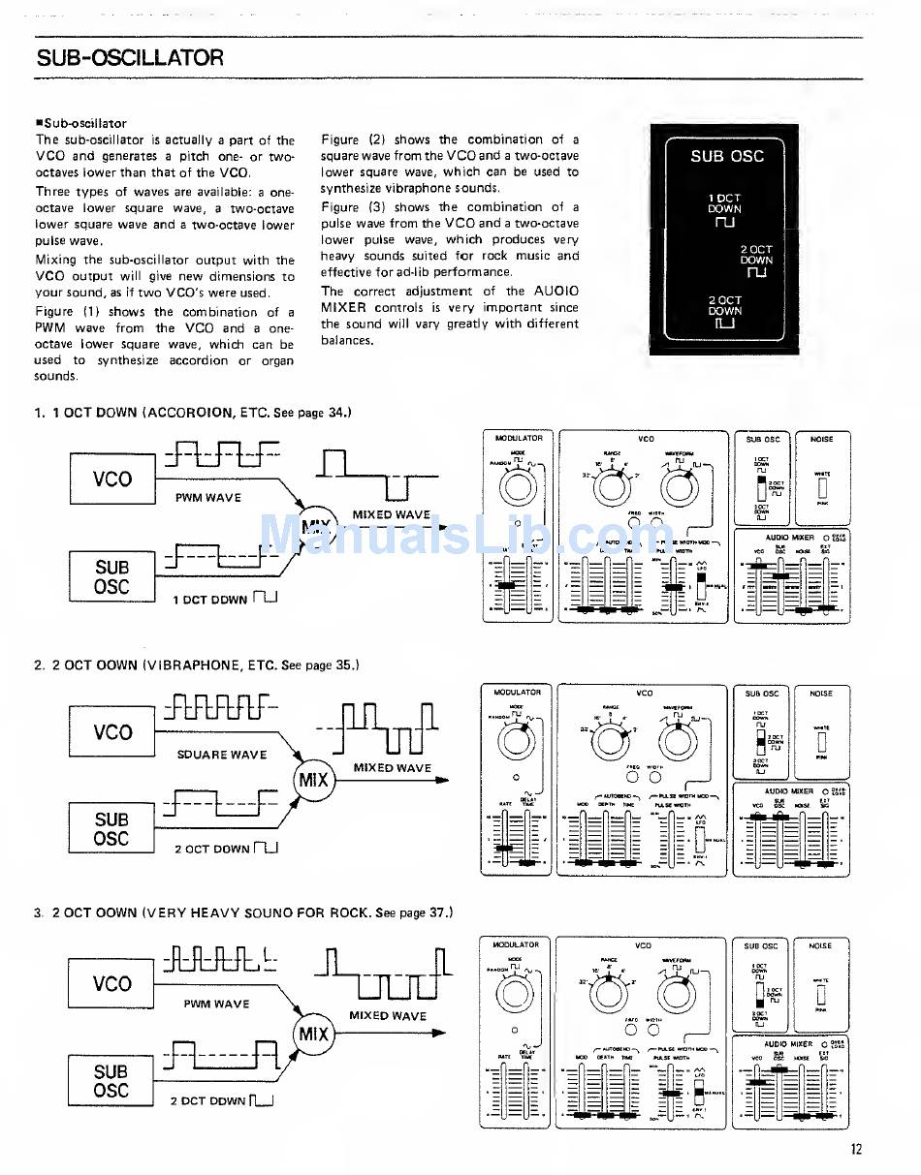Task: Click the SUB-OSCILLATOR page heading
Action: tap(130, 57)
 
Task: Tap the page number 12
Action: tap(856, 1150)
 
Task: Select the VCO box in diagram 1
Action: tap(112, 479)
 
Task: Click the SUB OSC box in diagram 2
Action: tap(111, 829)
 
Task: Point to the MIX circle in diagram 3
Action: tap(313, 1034)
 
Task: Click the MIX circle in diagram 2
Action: tap(313, 780)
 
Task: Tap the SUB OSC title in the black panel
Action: tap(727, 155)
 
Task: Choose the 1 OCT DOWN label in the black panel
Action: tap(724, 203)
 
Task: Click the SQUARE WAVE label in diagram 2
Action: tap(222, 755)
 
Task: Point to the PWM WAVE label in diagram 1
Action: tap(208, 498)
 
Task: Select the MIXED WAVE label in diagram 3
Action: tap(388, 1016)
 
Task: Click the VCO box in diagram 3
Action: tap(112, 984)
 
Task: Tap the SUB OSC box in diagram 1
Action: tap(111, 577)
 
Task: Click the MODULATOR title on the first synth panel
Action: tap(519, 439)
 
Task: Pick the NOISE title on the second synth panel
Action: tap(821, 694)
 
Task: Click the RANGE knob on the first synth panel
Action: tap(613, 485)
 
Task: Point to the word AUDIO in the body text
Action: tap(556, 291)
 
